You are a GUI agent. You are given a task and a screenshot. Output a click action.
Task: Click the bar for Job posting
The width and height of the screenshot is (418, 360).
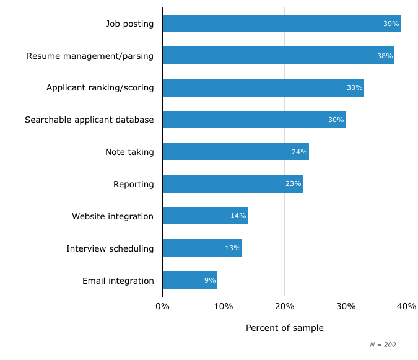click(x=281, y=24)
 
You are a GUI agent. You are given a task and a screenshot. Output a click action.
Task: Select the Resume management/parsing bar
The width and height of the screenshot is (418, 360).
click(x=278, y=56)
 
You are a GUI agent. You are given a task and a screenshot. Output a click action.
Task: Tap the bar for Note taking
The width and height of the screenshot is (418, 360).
click(x=235, y=152)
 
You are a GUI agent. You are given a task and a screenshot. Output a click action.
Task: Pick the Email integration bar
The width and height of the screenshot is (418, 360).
click(x=189, y=280)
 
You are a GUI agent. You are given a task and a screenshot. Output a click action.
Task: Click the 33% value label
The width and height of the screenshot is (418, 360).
click(x=354, y=88)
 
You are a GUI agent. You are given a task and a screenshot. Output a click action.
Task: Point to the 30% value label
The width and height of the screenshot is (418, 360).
click(x=336, y=120)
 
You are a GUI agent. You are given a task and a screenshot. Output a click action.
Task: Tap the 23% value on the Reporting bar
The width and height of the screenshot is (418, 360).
click(x=293, y=184)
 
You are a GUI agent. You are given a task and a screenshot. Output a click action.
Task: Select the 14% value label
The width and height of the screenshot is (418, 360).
click(x=238, y=216)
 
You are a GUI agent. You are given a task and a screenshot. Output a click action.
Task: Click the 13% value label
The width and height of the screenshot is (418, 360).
click(x=232, y=248)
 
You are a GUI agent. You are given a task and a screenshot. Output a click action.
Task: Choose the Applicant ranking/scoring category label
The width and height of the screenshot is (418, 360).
click(x=100, y=88)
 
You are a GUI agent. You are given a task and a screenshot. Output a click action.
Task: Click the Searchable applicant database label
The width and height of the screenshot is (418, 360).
click(x=89, y=120)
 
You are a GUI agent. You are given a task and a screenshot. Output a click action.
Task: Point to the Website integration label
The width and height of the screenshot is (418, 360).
click(x=113, y=216)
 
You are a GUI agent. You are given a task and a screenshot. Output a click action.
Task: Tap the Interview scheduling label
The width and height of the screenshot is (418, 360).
click(x=110, y=248)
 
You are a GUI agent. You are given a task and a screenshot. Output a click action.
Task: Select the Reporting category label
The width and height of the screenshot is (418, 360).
click(x=133, y=184)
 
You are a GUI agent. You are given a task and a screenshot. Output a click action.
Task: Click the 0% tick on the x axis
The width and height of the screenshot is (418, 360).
click(x=162, y=306)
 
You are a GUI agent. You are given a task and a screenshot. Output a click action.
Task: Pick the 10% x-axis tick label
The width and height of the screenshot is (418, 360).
click(x=224, y=306)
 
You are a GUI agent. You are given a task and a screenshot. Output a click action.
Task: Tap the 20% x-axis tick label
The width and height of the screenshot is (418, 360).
click(x=284, y=306)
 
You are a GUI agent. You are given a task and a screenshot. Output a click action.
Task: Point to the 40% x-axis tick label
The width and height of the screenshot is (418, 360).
click(x=406, y=306)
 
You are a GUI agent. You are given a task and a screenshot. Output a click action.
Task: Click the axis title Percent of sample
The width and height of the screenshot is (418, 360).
click(x=284, y=328)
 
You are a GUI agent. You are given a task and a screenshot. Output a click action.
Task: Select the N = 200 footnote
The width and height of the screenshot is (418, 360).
click(x=382, y=345)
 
